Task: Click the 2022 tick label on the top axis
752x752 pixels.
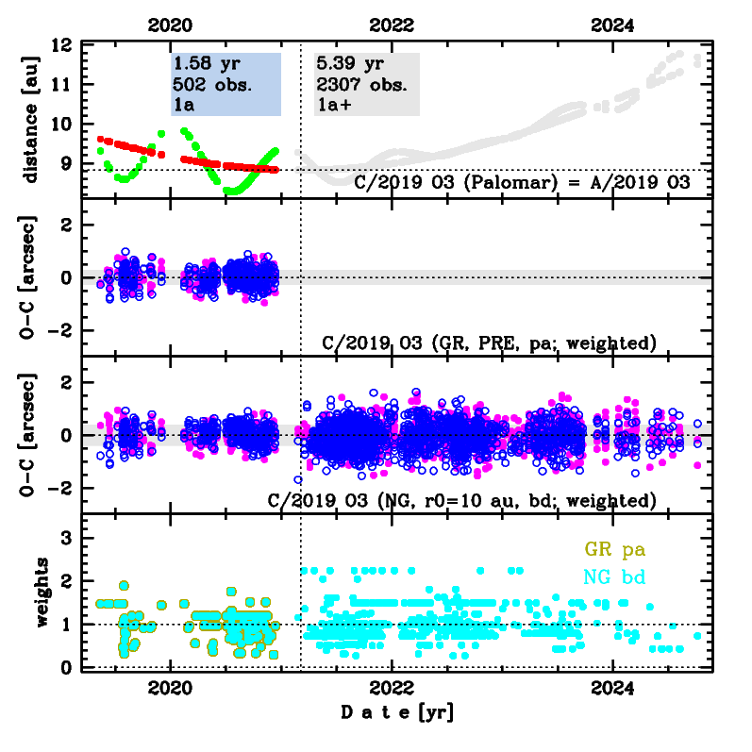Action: [x=391, y=25]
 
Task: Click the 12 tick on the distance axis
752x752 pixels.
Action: [x=62, y=45]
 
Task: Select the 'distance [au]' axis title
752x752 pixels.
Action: [x=31, y=118]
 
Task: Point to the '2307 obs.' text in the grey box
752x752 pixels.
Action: [x=360, y=86]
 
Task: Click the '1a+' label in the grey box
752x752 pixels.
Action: [x=332, y=106]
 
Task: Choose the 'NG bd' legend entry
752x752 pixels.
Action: [x=615, y=577]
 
